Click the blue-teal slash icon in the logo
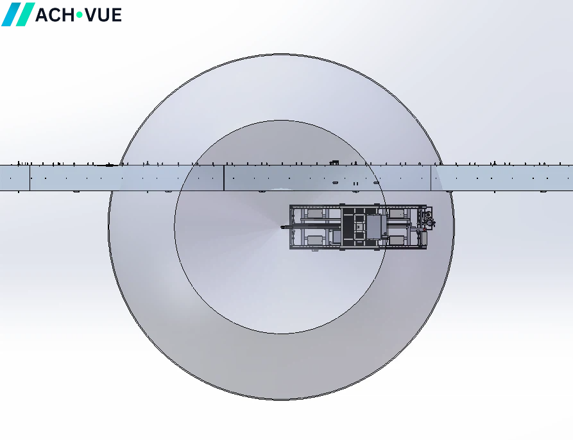pos(18,14)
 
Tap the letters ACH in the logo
pos(54,15)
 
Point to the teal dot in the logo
pos(79,15)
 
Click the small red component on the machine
pos(424,230)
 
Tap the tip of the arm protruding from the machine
pos(282,227)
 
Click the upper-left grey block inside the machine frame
pos(315,213)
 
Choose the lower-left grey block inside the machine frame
pos(315,241)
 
